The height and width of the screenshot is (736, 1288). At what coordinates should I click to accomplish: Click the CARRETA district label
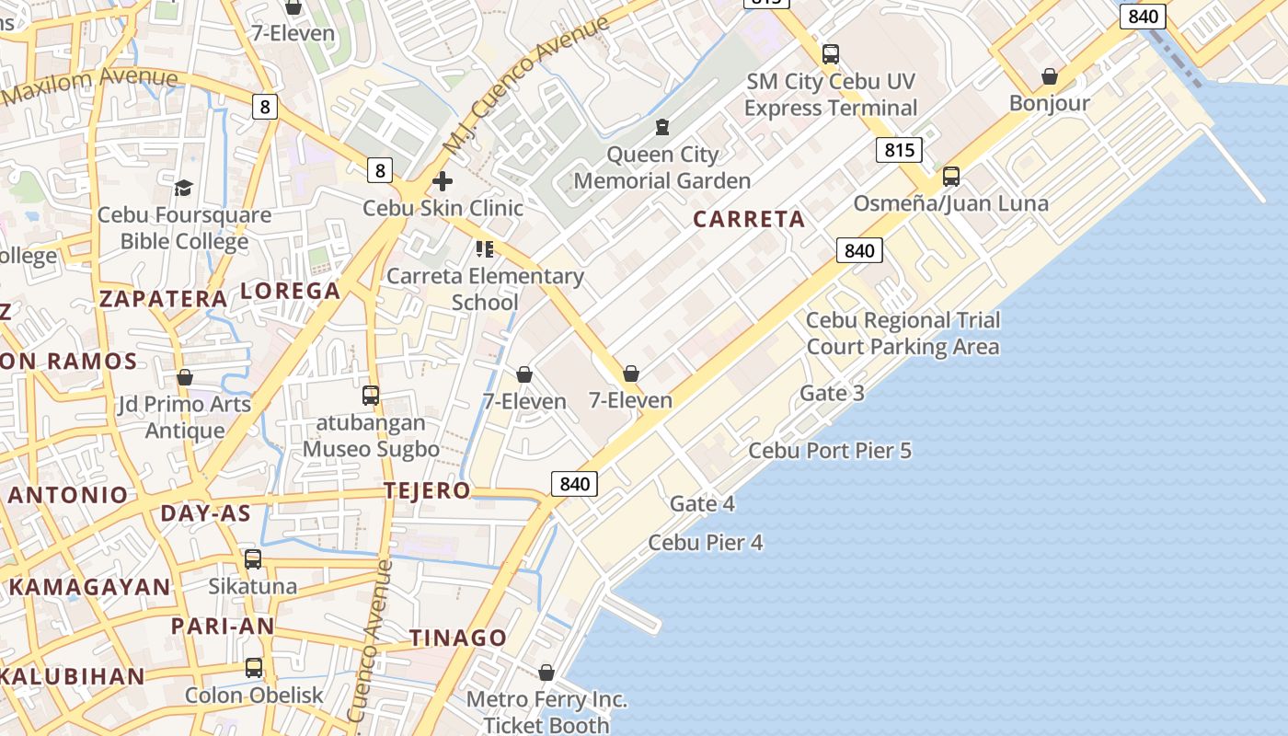tap(749, 219)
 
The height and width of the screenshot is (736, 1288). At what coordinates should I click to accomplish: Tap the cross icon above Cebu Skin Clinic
tap(443, 181)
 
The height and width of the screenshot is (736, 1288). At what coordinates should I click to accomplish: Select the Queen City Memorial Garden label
tap(662, 167)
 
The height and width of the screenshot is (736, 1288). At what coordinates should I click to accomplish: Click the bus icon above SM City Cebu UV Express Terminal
tap(831, 54)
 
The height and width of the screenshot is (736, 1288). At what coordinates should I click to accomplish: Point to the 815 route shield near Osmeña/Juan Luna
tap(899, 150)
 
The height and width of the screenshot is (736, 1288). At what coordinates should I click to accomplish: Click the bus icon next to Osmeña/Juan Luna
tap(951, 177)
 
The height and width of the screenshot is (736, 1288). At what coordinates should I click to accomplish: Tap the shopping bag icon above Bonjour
tap(1049, 76)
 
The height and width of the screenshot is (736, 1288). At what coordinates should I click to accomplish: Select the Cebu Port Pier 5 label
tap(830, 451)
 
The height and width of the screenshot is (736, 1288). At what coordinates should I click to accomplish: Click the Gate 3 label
tap(832, 394)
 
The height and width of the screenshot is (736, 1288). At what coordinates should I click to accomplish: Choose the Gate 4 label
tap(702, 504)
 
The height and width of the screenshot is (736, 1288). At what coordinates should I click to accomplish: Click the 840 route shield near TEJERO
tap(574, 484)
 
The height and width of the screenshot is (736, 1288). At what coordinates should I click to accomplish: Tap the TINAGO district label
tap(458, 638)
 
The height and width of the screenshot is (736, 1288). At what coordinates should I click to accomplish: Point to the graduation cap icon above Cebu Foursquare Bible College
tap(184, 189)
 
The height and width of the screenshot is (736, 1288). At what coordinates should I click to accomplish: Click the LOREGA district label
tap(291, 292)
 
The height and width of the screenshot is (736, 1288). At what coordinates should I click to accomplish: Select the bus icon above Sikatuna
tap(253, 559)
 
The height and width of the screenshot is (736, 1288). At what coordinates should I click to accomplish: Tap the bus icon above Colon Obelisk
tap(254, 668)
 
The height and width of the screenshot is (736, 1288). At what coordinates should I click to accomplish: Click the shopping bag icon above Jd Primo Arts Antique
tap(185, 378)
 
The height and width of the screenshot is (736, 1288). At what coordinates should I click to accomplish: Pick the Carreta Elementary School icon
tap(485, 249)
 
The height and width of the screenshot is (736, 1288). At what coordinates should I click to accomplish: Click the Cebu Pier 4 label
tap(706, 543)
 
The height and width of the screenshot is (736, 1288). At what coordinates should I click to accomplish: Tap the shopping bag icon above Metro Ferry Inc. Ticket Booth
tap(546, 673)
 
